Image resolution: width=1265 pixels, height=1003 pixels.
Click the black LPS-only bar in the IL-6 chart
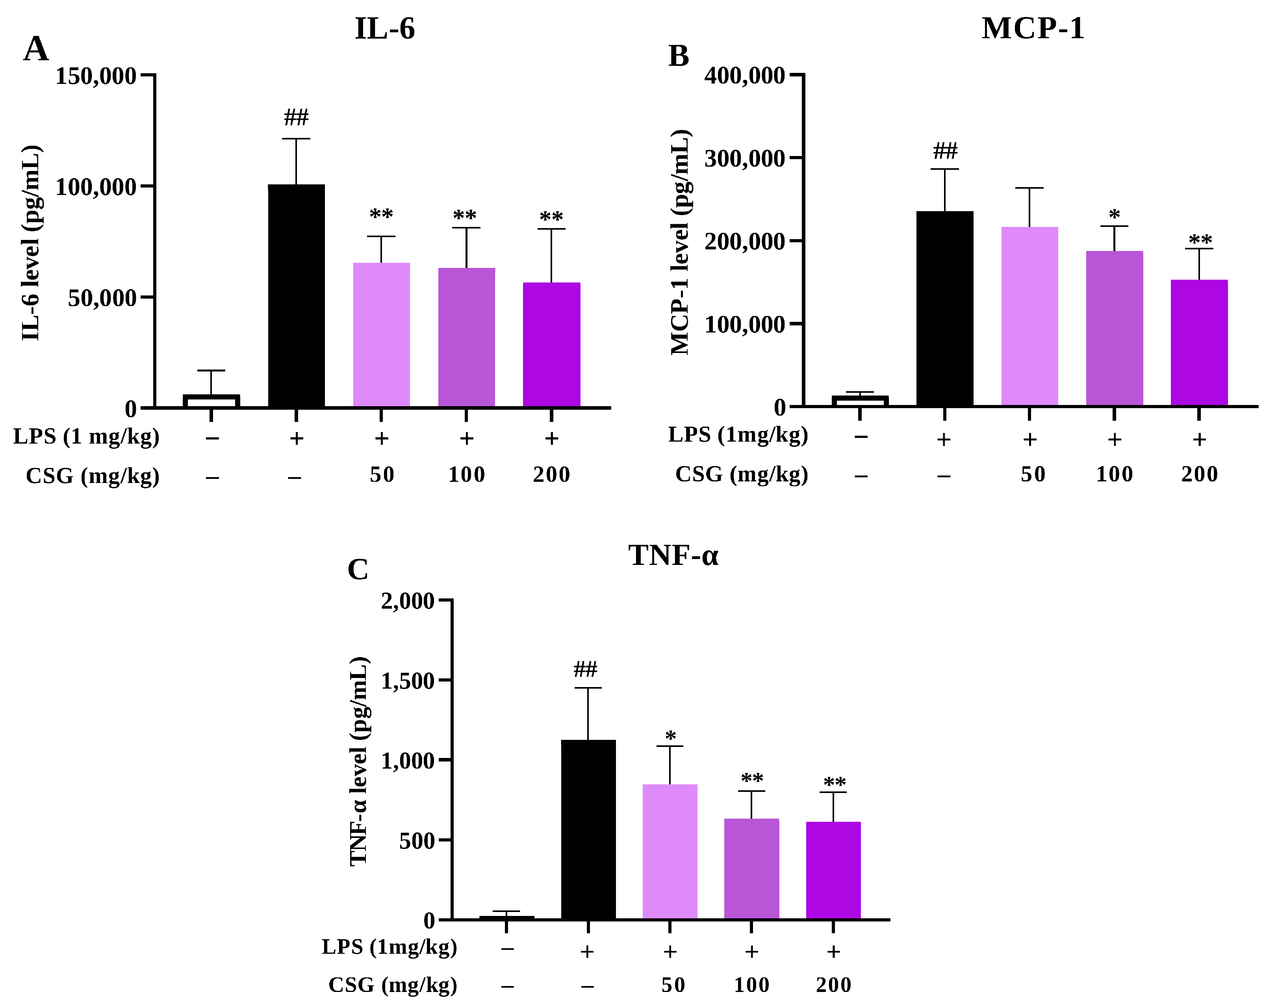coord(296,296)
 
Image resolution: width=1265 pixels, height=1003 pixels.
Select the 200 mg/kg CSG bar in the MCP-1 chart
coord(1199,343)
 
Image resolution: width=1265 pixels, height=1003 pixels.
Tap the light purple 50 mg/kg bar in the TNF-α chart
coord(670,852)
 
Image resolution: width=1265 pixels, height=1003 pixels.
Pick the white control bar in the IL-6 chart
coord(211,401)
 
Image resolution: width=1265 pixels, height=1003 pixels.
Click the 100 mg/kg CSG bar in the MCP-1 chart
coord(1115,328)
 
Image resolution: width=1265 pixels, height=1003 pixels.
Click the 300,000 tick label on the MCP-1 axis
coord(745,158)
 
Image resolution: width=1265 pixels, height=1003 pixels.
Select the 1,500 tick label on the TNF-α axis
coord(408,681)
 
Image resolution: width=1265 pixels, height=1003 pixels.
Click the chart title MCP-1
coord(1033,28)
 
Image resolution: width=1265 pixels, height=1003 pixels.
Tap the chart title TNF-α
coord(673,555)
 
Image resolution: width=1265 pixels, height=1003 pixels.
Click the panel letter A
coord(36,49)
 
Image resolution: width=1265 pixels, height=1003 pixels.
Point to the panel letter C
coord(358,569)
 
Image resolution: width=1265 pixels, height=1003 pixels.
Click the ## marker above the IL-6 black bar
coord(296,117)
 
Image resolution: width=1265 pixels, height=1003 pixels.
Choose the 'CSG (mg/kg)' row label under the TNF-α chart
coord(393,985)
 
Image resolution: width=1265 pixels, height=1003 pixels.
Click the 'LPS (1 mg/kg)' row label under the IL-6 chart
coord(86,436)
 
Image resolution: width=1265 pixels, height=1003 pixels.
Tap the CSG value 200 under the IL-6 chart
coord(551,474)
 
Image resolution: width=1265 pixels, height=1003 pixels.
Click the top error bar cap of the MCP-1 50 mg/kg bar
coord(1030,188)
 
